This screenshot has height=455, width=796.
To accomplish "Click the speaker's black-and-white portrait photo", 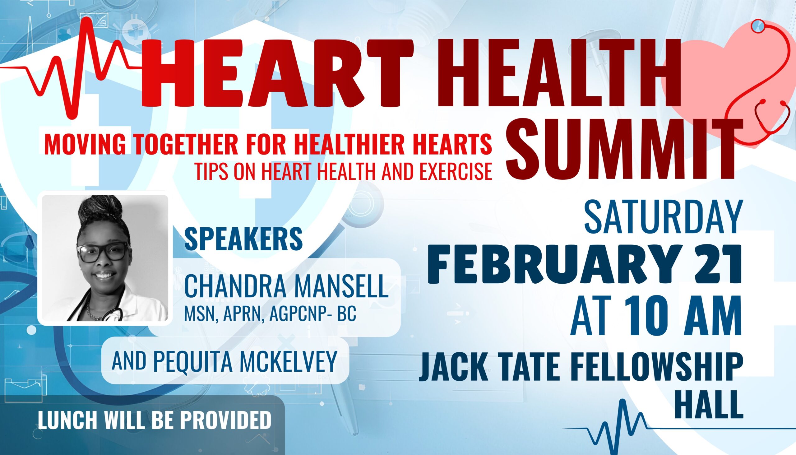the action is pos(105,258).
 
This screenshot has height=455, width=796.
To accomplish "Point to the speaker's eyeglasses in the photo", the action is pos(103,253).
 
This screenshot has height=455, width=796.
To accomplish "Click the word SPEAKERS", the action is pos(244,239).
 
